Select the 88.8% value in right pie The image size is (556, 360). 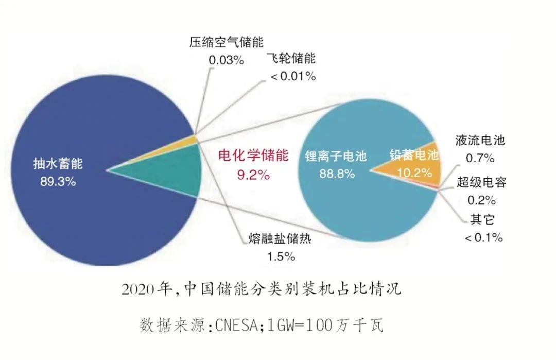pyautogui.click(x=337, y=174)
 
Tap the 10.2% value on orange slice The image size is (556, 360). pyautogui.click(x=414, y=173)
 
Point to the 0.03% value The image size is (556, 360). pyautogui.click(x=226, y=60)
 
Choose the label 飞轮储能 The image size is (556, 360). pyautogui.click(x=291, y=58)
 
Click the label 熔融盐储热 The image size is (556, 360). pyautogui.click(x=280, y=239)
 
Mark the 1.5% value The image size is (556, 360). pyautogui.click(x=280, y=256)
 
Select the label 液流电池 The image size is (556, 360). pyautogui.click(x=480, y=140)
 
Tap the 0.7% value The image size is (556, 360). pyautogui.click(x=480, y=157)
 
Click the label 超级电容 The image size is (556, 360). pyautogui.click(x=481, y=182)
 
